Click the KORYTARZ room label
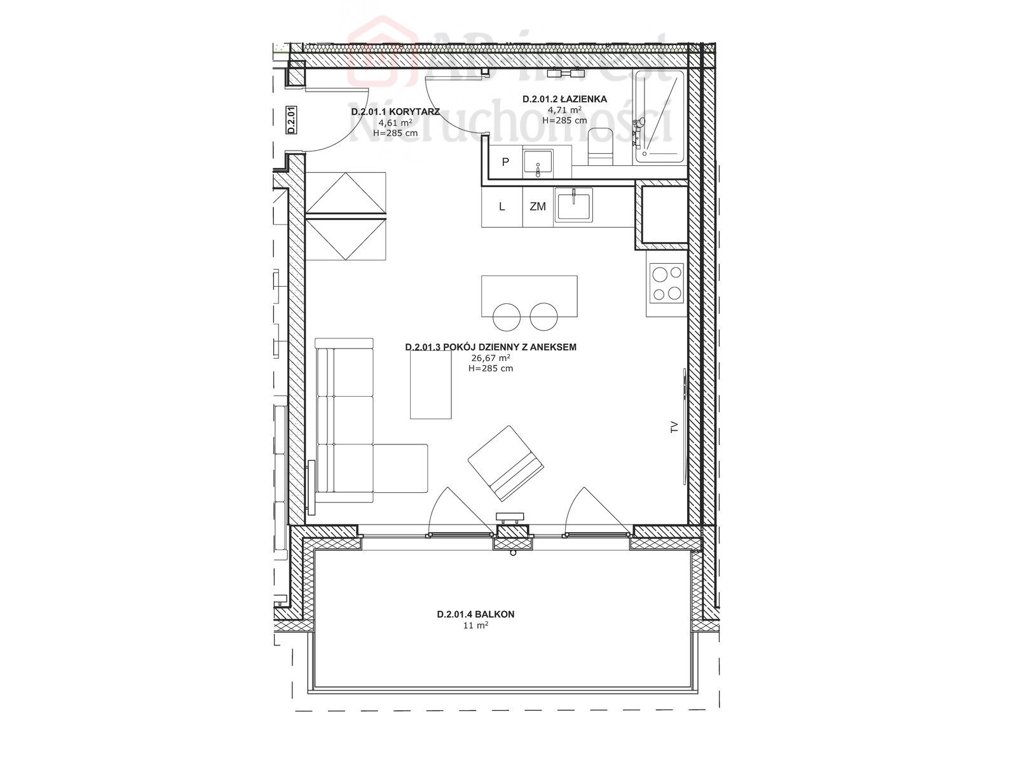(395, 112)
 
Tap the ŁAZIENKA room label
(564, 99)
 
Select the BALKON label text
(475, 614)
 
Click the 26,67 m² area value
(491, 358)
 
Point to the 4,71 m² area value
(564, 110)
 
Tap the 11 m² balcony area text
(476, 626)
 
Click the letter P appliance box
(505, 162)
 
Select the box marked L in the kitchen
(502, 207)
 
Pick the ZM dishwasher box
(538, 207)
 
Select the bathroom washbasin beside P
(538, 163)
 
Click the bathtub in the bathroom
(660, 116)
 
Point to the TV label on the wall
(674, 427)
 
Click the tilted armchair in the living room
(505, 464)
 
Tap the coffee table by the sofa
(431, 385)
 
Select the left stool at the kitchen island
(507, 317)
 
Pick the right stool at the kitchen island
(543, 317)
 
